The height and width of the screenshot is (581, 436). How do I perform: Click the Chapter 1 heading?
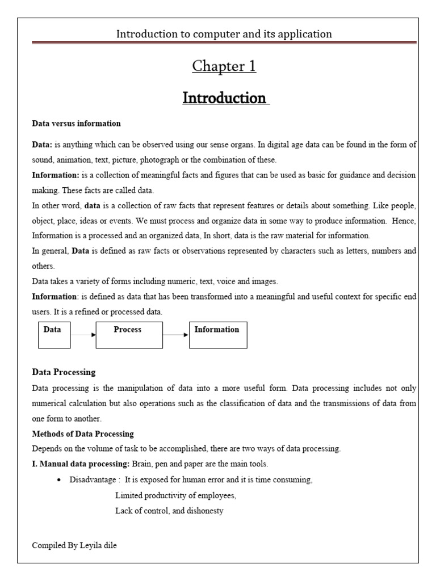[224, 66]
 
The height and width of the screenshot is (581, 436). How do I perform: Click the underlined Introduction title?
[224, 98]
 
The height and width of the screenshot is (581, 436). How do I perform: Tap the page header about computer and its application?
[224, 34]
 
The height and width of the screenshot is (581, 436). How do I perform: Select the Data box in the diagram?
[54, 335]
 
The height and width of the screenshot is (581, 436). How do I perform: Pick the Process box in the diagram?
[129, 335]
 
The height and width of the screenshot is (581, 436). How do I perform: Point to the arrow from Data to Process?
[83, 335]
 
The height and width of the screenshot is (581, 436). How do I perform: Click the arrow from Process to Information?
[175, 335]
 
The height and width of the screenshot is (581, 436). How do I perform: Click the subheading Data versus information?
[76, 123]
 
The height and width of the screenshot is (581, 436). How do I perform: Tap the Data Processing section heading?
[64, 372]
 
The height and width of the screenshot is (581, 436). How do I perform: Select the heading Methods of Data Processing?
[83, 434]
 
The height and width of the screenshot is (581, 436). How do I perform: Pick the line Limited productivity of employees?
[175, 495]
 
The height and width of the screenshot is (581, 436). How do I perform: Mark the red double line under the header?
[224, 42]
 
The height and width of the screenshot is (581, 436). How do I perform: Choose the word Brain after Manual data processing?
[142, 464]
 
